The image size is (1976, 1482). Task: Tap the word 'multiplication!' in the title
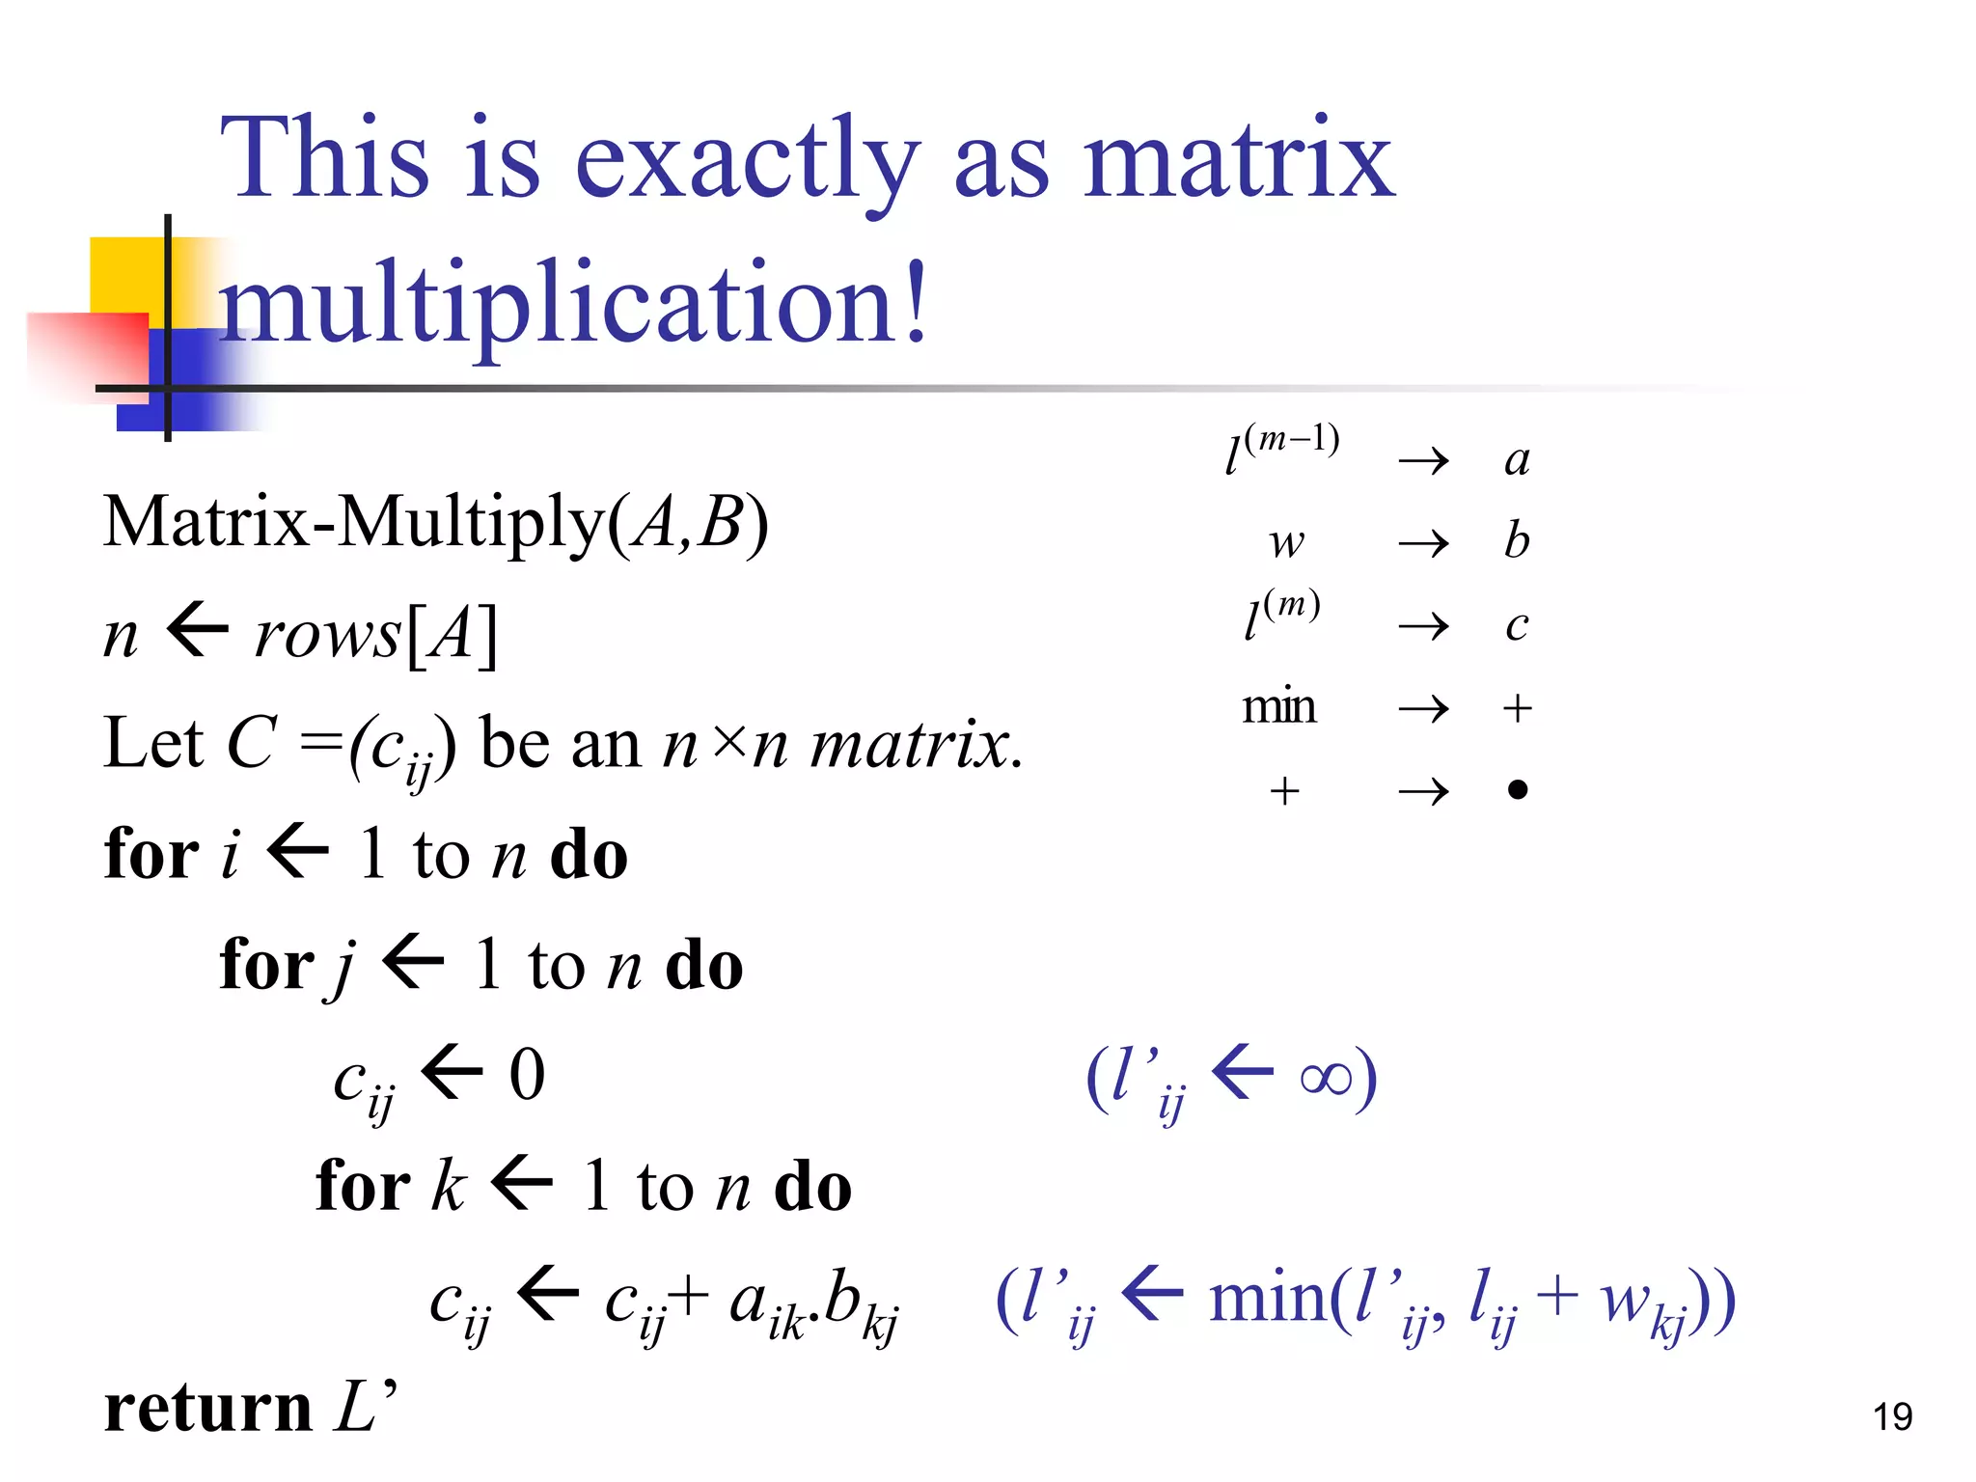(573, 303)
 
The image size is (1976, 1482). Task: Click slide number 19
(1892, 1416)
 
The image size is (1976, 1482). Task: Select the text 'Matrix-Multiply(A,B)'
(436, 524)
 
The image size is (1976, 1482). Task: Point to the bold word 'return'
(207, 1408)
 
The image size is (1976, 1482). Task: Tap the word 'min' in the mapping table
(1278, 707)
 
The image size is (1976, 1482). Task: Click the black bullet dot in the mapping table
(1517, 790)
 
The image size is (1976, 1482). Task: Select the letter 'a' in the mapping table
(1517, 459)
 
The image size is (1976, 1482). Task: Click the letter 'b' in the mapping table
(1517, 540)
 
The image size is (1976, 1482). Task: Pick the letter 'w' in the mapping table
(1287, 543)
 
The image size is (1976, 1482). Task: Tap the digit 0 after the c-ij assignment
(527, 1075)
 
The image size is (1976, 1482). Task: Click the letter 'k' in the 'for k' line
(449, 1186)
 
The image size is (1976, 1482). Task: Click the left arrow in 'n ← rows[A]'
(198, 634)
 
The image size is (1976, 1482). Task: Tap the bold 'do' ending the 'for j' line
(704, 966)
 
